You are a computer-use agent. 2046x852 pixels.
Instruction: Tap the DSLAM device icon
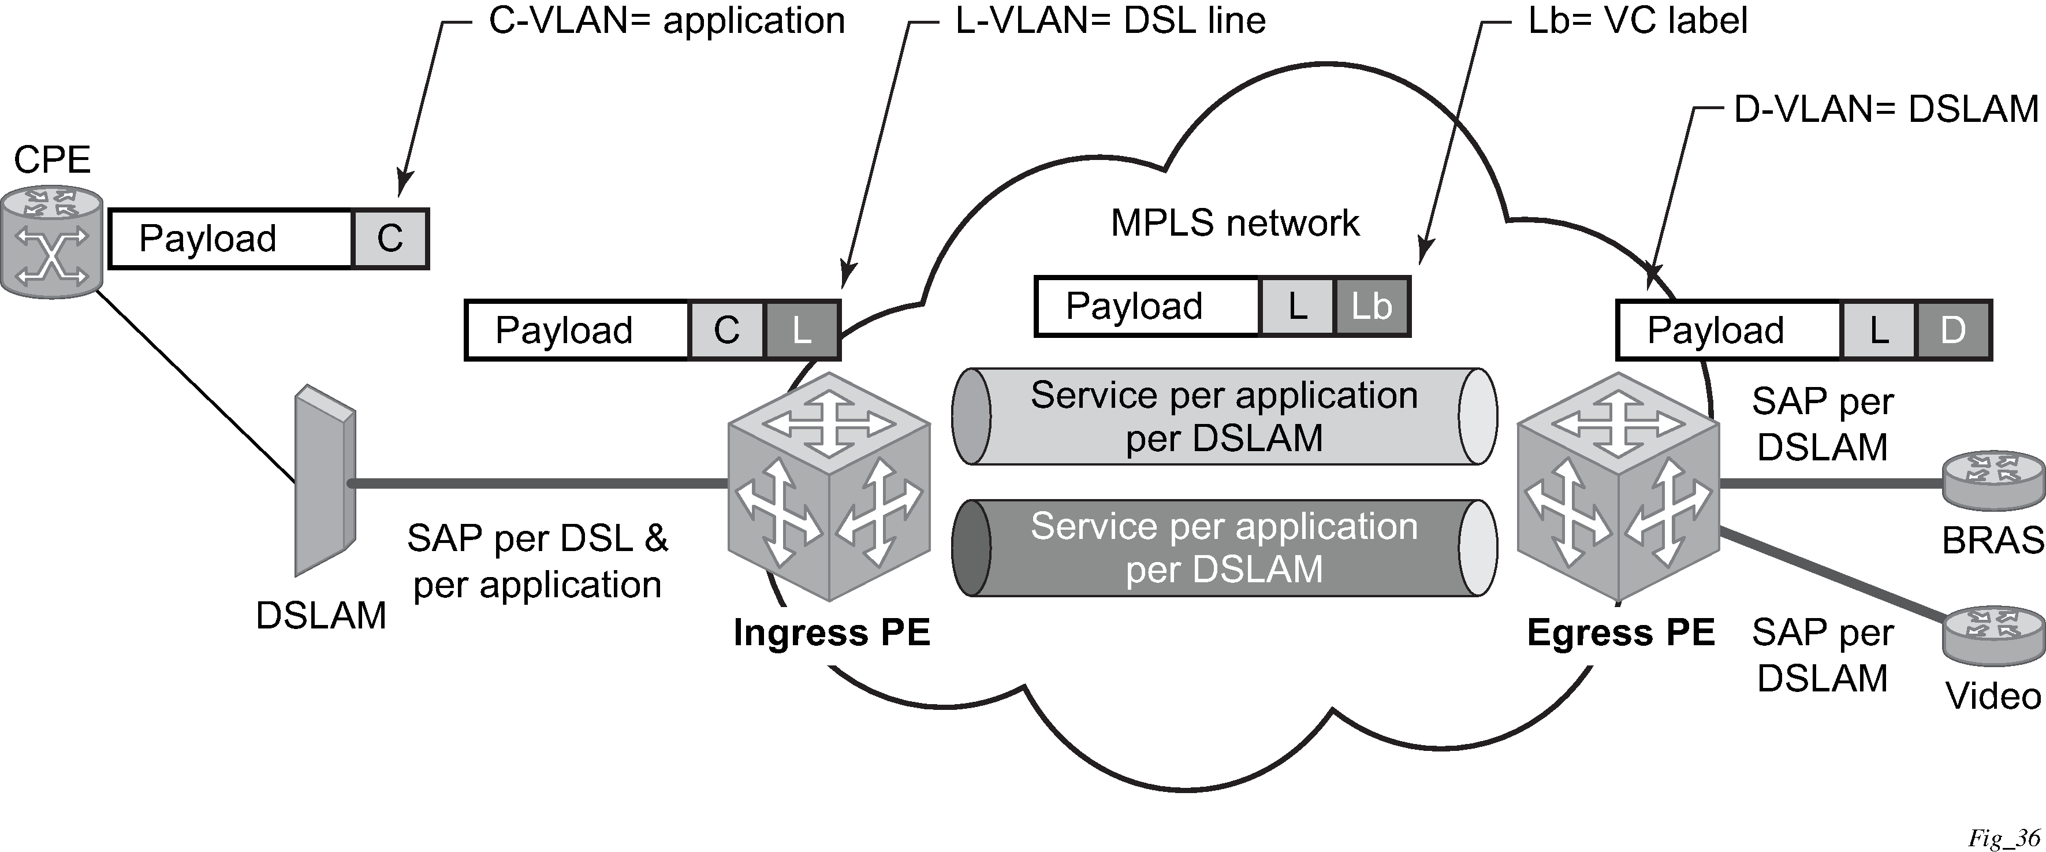(x=324, y=480)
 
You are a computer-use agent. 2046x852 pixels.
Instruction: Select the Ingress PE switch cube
(x=829, y=486)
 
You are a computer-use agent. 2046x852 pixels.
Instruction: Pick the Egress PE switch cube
(x=1618, y=486)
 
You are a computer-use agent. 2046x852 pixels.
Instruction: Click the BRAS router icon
(x=1993, y=482)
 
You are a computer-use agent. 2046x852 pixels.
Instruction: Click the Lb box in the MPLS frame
(x=1372, y=307)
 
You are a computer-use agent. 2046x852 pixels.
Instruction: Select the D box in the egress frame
(x=1953, y=330)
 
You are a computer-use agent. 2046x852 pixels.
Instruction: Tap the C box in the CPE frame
(x=390, y=239)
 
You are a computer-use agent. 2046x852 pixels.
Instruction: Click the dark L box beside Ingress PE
(x=802, y=330)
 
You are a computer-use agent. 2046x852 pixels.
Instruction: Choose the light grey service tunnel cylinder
(x=1224, y=416)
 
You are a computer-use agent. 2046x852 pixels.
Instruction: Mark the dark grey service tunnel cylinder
(x=1224, y=548)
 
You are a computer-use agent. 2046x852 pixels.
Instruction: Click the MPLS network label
(x=1234, y=224)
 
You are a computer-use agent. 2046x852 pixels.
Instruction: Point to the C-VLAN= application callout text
(x=666, y=21)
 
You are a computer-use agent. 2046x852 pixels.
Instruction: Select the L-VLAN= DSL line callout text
(x=1109, y=21)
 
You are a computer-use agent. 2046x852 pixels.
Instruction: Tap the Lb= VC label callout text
(x=1637, y=21)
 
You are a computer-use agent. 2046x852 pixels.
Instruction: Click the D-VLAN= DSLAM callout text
(x=1885, y=109)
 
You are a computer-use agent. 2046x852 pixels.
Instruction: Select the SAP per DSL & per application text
(x=537, y=561)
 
